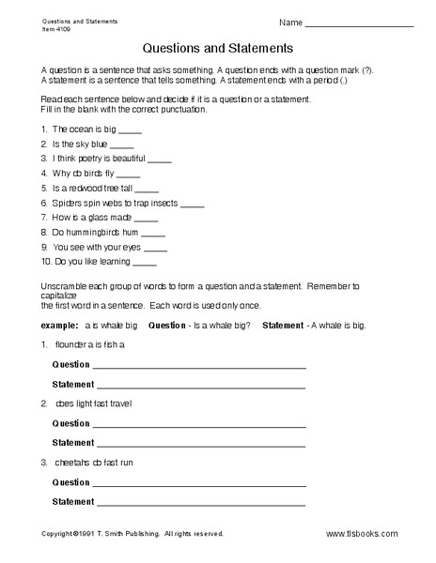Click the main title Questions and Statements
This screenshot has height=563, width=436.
tap(217, 46)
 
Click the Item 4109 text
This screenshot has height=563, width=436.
tap(55, 28)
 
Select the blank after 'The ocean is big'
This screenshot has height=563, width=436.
tap(131, 130)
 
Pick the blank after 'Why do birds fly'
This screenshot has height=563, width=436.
tap(130, 174)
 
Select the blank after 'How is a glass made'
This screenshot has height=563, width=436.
tap(147, 218)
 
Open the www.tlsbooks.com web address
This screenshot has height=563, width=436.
tap(362, 534)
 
